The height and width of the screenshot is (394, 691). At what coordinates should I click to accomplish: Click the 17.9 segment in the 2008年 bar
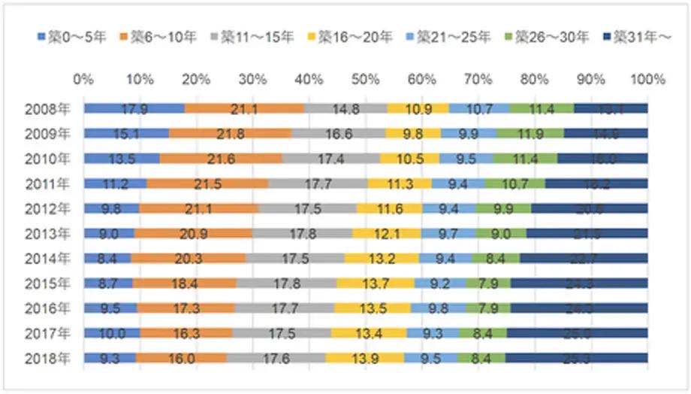click(x=134, y=109)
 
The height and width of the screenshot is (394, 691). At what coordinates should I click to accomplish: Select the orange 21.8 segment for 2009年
click(x=230, y=134)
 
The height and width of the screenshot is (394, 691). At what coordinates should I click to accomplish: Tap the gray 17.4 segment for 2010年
click(x=330, y=159)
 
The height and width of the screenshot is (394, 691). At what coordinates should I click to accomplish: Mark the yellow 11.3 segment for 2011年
click(x=400, y=183)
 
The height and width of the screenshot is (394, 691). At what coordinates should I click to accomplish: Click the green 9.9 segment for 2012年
click(x=503, y=208)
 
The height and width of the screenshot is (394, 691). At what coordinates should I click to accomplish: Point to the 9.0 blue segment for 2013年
click(x=110, y=234)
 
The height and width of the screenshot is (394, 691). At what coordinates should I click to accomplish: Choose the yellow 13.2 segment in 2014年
click(x=382, y=259)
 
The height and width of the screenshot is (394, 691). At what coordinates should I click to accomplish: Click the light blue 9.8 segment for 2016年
click(x=437, y=308)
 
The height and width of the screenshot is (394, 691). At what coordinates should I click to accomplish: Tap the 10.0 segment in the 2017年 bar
click(x=112, y=333)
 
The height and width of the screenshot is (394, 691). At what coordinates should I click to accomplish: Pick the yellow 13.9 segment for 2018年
click(x=364, y=359)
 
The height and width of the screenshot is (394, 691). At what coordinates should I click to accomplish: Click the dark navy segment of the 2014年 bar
click(x=583, y=259)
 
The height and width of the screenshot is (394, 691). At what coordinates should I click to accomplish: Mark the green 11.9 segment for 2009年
click(x=530, y=134)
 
